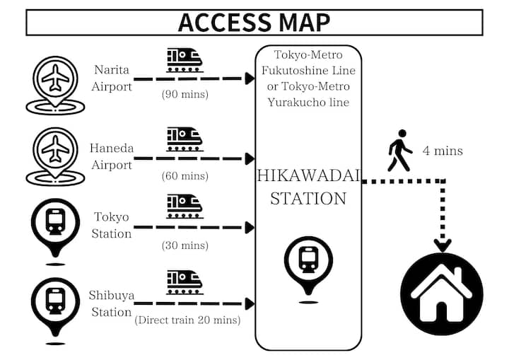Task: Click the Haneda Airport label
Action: [111, 156]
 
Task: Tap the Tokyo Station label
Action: [112, 225]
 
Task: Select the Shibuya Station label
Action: [111, 303]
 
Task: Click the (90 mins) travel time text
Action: [185, 94]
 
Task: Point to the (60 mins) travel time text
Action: [185, 175]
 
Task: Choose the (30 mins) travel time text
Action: [185, 245]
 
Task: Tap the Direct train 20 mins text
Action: [187, 320]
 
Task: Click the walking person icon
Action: [399, 150]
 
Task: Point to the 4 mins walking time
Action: [443, 150]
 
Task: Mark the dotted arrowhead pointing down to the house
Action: [443, 246]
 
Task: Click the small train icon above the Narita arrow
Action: [185, 60]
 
